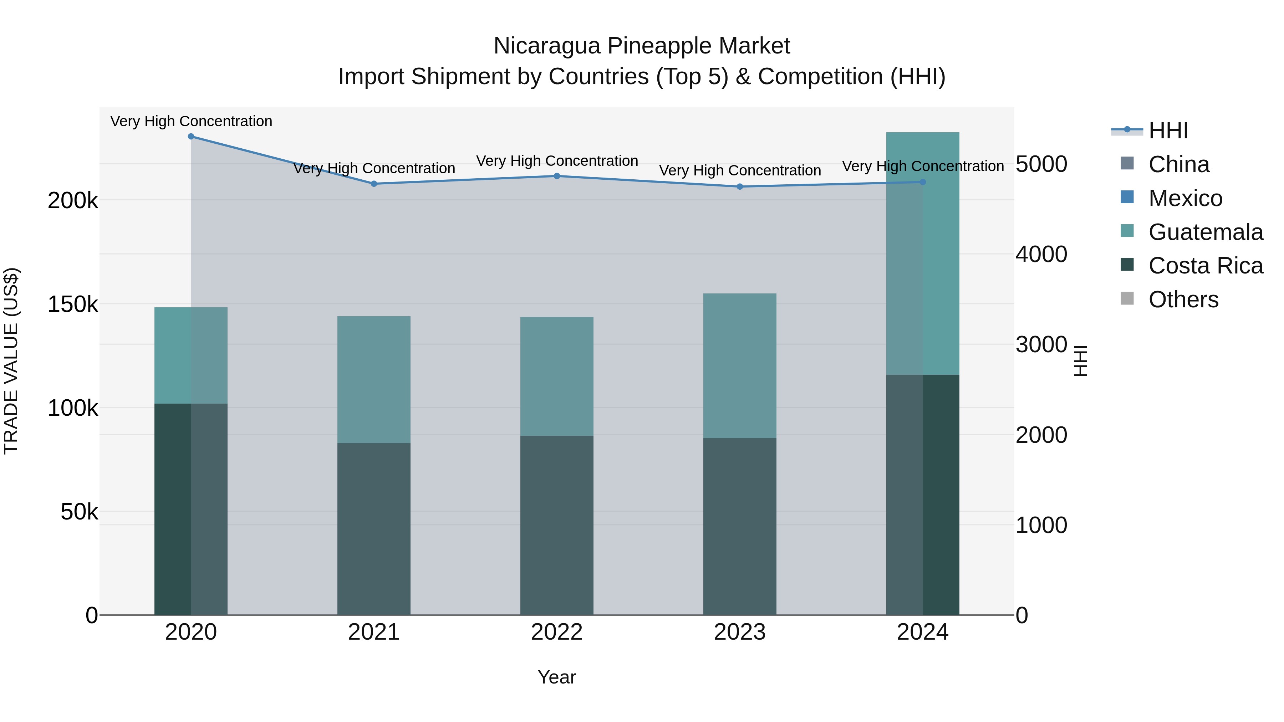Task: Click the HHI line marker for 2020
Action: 191,137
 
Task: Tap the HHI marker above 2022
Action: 557,176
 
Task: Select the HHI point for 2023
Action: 740,187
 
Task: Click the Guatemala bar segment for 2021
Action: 374,380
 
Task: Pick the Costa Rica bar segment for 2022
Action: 557,525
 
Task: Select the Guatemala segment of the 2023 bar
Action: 740,366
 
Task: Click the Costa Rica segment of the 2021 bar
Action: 374,529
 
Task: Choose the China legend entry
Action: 1179,164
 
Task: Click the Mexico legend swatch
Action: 1127,197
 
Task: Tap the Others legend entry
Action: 1183,299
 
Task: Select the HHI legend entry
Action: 1168,130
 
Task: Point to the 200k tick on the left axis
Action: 73,201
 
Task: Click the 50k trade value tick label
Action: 79,512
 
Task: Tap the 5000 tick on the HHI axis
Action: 1041,164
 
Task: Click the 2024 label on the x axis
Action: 923,632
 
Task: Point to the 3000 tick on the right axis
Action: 1041,345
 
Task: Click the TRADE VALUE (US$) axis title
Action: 11,361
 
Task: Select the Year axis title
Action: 557,677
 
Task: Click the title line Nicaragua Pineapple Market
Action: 642,46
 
